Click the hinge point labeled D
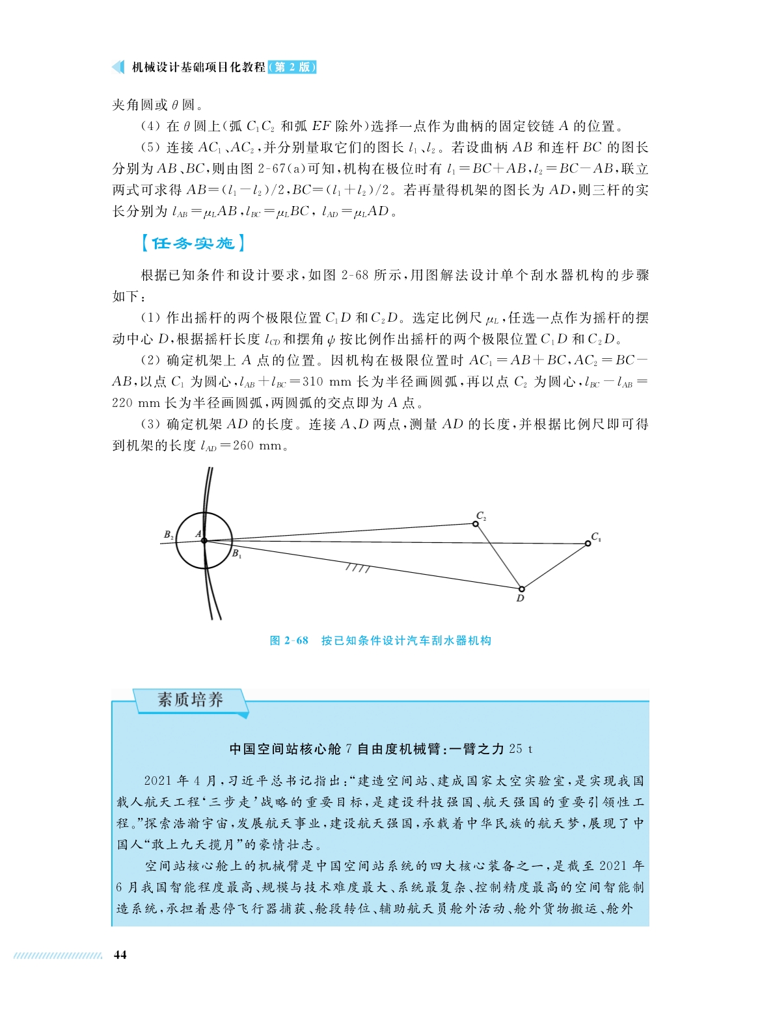click(x=521, y=589)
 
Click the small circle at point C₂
click(x=476, y=523)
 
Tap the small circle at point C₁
click(x=588, y=544)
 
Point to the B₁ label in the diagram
click(x=237, y=554)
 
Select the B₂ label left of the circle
click(x=169, y=534)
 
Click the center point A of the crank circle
click(x=204, y=540)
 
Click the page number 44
click(x=120, y=954)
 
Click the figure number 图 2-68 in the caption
click(x=289, y=640)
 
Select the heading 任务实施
click(x=193, y=243)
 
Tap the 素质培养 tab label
click(x=190, y=700)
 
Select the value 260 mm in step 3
click(x=258, y=446)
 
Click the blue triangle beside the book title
click(x=118, y=67)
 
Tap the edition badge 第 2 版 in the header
click(x=292, y=67)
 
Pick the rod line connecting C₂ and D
click(x=498, y=556)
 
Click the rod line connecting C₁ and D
click(x=554, y=566)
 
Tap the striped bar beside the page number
click(x=58, y=955)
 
